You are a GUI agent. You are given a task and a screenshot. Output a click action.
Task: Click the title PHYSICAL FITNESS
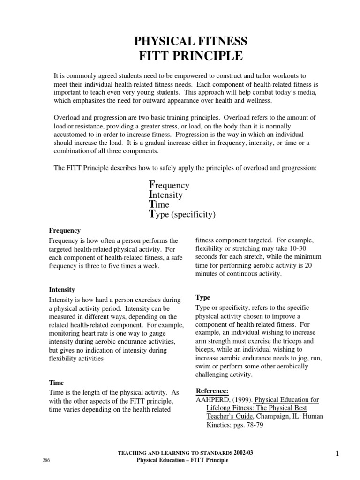(190, 41)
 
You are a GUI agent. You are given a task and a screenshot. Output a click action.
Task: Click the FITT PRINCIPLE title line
(190, 56)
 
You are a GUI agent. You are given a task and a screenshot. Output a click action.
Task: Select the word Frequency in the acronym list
(169, 185)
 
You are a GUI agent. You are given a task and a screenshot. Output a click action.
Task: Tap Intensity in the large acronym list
(165, 195)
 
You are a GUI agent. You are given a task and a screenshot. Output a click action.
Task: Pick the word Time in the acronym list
(159, 205)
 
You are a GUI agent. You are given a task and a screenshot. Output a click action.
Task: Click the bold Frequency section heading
(65, 231)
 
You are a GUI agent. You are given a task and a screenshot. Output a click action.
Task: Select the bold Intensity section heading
(62, 290)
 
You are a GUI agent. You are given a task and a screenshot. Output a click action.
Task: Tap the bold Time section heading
(56, 382)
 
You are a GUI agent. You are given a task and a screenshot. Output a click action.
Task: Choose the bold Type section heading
(202, 298)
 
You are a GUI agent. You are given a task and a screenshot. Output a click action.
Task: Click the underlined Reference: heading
(212, 390)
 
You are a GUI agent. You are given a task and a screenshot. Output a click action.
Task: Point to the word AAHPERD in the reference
(211, 400)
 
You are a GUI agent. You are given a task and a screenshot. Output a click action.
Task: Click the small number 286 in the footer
(46, 461)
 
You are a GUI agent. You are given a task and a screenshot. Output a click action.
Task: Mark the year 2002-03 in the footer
(246, 453)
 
